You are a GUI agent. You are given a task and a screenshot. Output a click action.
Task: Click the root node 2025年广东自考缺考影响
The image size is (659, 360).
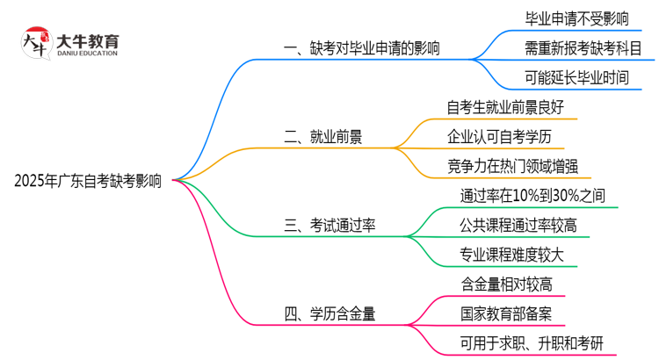88,181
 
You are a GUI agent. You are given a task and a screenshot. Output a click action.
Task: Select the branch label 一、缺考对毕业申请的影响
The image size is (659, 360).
364,48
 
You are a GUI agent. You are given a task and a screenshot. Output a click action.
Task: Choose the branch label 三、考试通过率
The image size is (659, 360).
330,226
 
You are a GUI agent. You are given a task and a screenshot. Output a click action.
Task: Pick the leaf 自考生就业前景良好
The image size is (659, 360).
504,107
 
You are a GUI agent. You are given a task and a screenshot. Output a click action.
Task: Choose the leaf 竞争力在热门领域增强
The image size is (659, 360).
512,165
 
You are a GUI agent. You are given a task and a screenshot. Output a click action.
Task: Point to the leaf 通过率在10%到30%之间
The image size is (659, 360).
532,195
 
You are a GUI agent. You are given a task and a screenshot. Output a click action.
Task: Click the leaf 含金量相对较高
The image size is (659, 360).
506,284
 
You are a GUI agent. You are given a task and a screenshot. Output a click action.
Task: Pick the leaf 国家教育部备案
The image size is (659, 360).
506,313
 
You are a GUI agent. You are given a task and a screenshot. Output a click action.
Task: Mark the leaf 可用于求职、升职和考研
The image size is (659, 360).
532,342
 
